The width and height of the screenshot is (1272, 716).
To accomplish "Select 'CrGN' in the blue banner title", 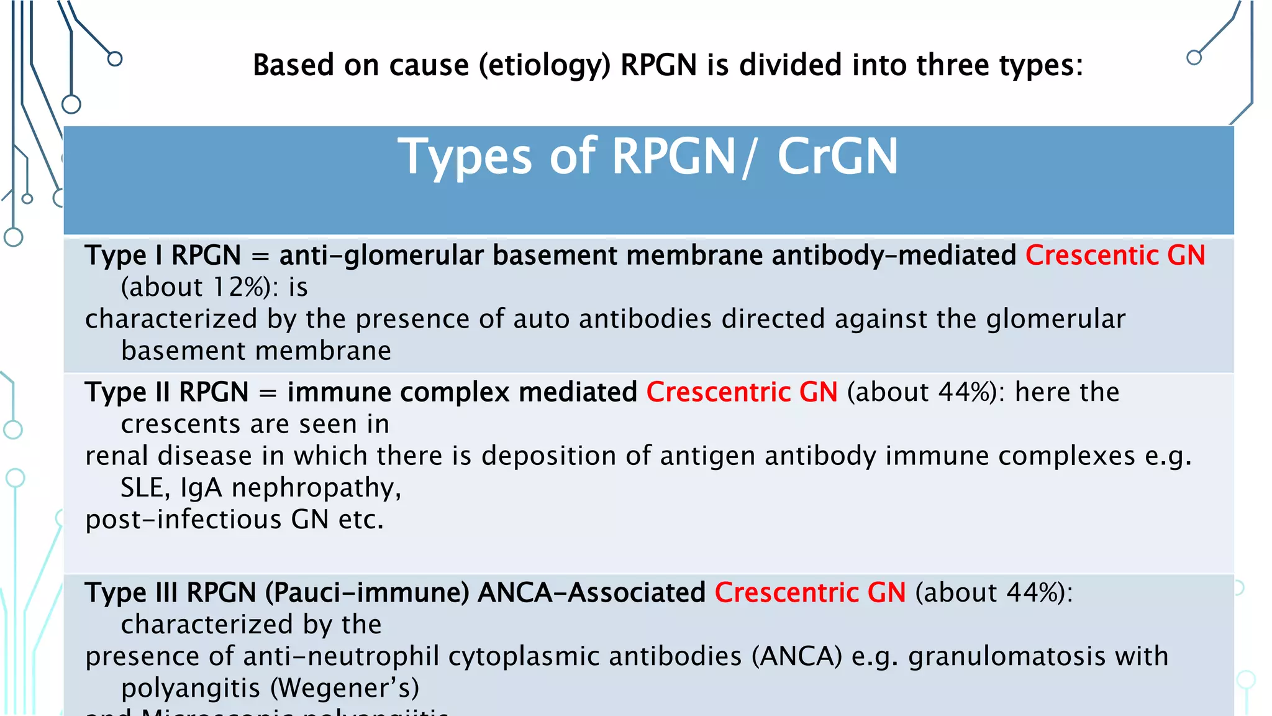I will click(837, 157).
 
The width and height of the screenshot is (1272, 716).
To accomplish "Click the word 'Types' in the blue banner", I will click(465, 157).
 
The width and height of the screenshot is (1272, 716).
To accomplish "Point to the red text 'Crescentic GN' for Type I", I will click(1115, 255).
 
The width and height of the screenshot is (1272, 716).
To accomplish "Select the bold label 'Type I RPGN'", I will click(163, 255).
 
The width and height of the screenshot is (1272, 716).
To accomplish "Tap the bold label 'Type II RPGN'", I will click(166, 392).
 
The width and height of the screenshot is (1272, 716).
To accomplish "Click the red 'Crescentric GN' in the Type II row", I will click(742, 392).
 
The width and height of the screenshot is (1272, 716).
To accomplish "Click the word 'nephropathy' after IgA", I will click(316, 488).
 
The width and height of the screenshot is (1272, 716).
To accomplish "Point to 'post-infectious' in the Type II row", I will click(183, 520).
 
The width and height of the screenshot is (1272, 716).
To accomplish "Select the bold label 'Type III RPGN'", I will click(170, 592).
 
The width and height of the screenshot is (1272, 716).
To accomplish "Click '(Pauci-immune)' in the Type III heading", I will click(367, 592).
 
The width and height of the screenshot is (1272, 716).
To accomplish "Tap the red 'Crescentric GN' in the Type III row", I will click(810, 592).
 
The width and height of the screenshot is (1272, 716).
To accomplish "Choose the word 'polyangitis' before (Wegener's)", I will click(190, 688).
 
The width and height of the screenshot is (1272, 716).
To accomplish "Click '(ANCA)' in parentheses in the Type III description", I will click(797, 656).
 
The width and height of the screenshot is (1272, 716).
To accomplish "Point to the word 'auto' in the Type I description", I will click(542, 319).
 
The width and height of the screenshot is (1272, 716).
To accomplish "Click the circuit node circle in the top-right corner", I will click(1194, 58).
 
